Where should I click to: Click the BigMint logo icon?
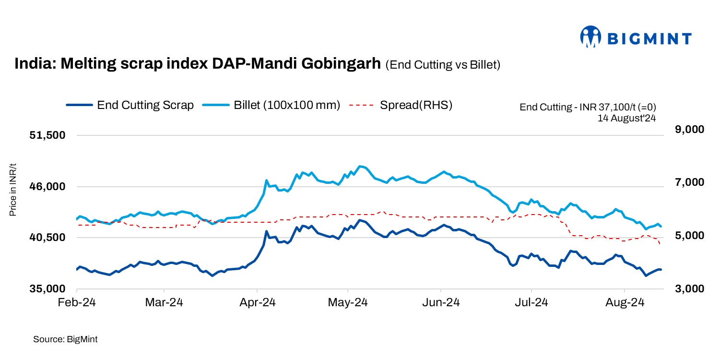coord(590,37)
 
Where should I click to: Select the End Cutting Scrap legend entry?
coord(130,105)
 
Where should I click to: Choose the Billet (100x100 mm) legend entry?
coord(271,105)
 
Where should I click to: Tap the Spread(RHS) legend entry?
coord(401,105)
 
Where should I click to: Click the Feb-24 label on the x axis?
coord(77,303)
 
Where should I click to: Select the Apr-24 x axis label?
coord(258,303)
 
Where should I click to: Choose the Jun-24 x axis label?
coord(441,303)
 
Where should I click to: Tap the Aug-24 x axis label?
coord(624,303)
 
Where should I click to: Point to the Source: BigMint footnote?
coord(65,339)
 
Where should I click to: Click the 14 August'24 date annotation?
coord(626,118)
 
